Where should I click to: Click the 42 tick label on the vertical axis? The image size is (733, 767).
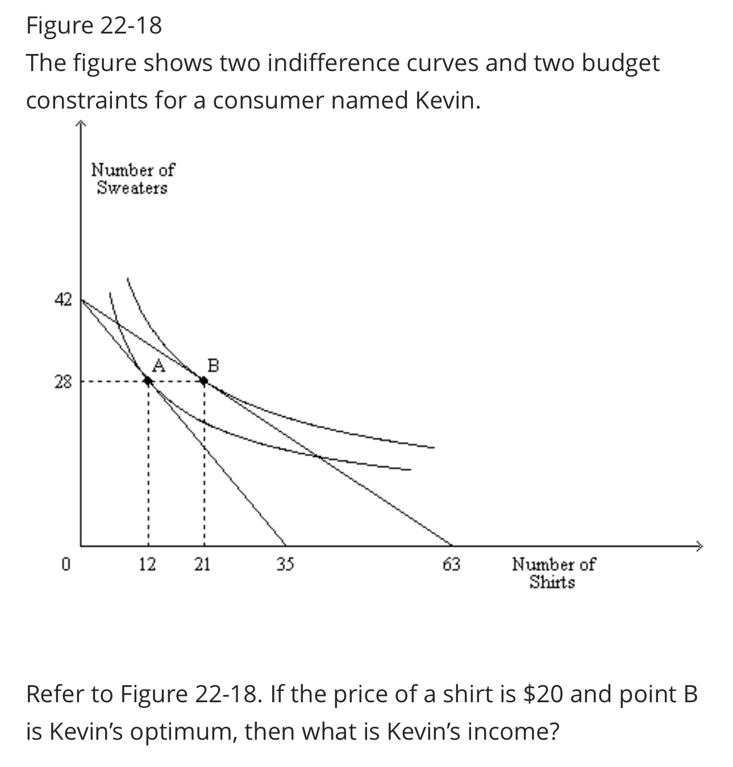pyautogui.click(x=63, y=299)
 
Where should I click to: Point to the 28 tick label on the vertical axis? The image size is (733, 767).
pyautogui.click(x=63, y=382)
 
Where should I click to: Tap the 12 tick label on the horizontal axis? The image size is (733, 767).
pyautogui.click(x=147, y=564)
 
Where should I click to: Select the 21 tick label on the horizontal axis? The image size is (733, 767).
pyautogui.click(x=202, y=564)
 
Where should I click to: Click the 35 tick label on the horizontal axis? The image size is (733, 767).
pyautogui.click(x=285, y=564)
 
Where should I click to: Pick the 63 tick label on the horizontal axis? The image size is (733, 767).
pyautogui.click(x=451, y=564)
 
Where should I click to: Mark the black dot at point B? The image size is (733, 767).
pyautogui.click(x=204, y=381)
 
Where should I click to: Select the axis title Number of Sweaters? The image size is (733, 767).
pyautogui.click(x=133, y=178)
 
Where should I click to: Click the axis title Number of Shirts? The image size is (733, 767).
pyautogui.click(x=553, y=573)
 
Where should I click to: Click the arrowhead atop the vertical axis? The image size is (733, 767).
pyautogui.click(x=80, y=123)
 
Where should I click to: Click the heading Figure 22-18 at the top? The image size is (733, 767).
pyautogui.click(x=94, y=26)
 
